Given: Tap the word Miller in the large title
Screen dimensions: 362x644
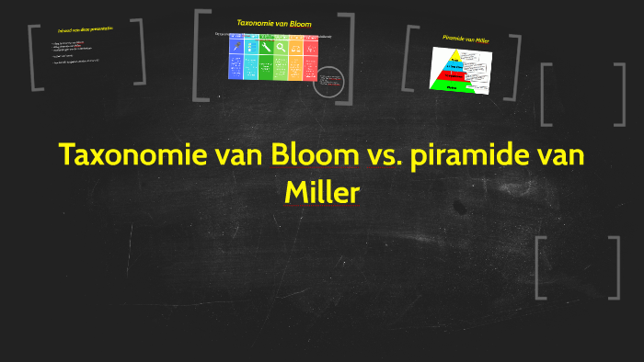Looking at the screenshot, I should click(x=322, y=194).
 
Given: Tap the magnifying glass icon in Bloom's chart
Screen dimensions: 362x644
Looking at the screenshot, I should click(x=282, y=46).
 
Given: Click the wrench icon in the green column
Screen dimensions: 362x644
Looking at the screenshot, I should click(x=266, y=46).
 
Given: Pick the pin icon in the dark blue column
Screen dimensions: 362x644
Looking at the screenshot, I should click(x=236, y=46).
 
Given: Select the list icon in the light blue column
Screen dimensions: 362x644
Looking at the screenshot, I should click(x=251, y=46).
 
